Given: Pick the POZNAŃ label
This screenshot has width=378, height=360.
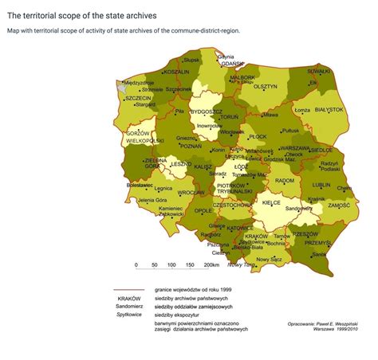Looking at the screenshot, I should (x=191, y=147).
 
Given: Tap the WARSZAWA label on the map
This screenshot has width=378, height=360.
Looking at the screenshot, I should (x=294, y=147).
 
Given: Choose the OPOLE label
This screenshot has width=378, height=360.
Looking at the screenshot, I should (x=204, y=211).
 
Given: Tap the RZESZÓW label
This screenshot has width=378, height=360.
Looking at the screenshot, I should (x=305, y=235).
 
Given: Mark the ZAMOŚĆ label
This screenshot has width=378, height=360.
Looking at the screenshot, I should (x=338, y=205).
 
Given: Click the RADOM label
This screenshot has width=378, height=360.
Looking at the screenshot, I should (x=284, y=181).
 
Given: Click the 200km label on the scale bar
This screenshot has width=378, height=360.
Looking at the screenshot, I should (x=211, y=264).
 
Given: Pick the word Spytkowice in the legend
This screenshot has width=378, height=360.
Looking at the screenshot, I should (x=118, y=315).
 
